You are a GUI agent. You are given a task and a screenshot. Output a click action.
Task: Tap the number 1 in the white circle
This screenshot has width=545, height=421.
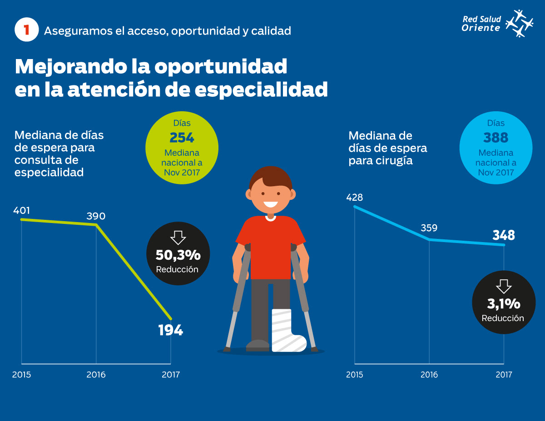pos(27,30)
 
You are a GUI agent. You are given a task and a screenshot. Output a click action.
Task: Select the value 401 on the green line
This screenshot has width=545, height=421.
pos(21,210)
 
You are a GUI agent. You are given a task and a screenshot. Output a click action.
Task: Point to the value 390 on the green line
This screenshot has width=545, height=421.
pos(96,216)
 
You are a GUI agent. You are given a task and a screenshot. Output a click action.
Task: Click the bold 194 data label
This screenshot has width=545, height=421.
pos(170,330)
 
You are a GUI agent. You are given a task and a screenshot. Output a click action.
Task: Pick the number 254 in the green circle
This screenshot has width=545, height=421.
pos(182,138)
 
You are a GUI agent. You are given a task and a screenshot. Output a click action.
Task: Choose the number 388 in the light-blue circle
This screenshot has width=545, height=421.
pos(495,138)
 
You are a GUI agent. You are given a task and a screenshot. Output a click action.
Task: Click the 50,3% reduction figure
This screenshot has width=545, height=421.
pos(178,255)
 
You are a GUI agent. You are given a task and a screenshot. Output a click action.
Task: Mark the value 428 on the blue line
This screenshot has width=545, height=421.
pos(354,197)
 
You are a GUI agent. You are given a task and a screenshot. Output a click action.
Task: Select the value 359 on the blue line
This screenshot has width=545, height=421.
pos(429,228)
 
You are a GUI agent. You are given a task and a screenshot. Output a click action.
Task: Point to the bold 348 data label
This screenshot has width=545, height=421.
pos(504,235)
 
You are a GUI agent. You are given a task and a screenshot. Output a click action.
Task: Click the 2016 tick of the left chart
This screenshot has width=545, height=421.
pos(96,375)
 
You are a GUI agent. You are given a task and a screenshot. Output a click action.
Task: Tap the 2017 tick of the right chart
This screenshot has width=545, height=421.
pos(504,375)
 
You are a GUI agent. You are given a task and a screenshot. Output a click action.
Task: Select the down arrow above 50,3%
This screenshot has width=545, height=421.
pos(178,238)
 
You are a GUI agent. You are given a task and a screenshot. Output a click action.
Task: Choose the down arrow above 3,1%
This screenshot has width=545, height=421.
pos(503,286)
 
